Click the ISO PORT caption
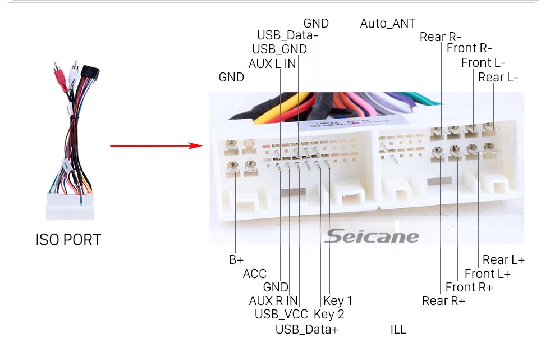click(68, 240)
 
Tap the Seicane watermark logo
click(372, 236)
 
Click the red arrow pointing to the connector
click(155, 146)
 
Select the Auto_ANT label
click(388, 23)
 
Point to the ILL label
click(398, 329)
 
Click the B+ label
click(236, 260)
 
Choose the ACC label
click(255, 274)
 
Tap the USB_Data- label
click(287, 35)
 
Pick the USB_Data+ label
click(307, 329)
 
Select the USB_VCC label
click(282, 315)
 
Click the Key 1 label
click(338, 300)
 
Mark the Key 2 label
click(329, 315)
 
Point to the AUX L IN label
click(272, 63)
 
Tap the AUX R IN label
click(273, 300)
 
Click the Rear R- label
click(441, 37)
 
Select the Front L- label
click(483, 63)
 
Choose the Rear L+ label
click(503, 259)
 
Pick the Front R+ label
click(469, 287)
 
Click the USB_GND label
click(279, 49)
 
